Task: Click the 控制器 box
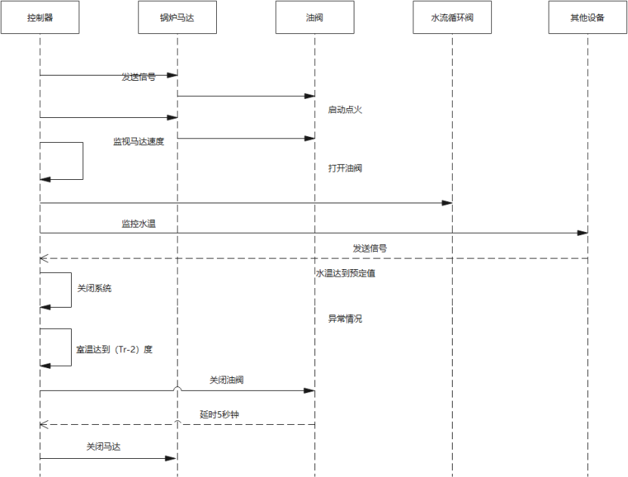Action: pyautogui.click(x=40, y=17)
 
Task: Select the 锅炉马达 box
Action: pyautogui.click(x=178, y=17)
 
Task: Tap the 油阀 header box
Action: pyautogui.click(x=314, y=17)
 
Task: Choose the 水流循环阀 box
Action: pyautogui.click(x=452, y=17)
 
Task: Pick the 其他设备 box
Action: pyautogui.click(x=587, y=17)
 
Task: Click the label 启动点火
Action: pyautogui.click(x=345, y=110)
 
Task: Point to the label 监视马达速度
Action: pyautogui.click(x=138, y=141)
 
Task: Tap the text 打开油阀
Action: pyautogui.click(x=345, y=168)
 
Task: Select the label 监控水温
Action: pyautogui.click(x=138, y=224)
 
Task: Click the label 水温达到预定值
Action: pyautogui.click(x=345, y=273)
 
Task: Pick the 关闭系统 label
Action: pyautogui.click(x=94, y=288)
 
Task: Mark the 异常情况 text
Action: pyautogui.click(x=345, y=318)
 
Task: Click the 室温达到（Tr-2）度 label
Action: pyautogui.click(x=115, y=350)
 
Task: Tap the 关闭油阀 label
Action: pyautogui.click(x=227, y=380)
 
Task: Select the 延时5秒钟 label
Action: pyautogui.click(x=224, y=415)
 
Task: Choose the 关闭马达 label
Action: pyautogui.click(x=104, y=447)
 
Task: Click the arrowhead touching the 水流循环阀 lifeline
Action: pyautogui.click(x=447, y=203)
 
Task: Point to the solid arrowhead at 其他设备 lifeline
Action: pyautogui.click(x=583, y=233)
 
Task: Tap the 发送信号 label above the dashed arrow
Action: pyautogui.click(x=370, y=248)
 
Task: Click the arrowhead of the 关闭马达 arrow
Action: pyautogui.click(x=172, y=458)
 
